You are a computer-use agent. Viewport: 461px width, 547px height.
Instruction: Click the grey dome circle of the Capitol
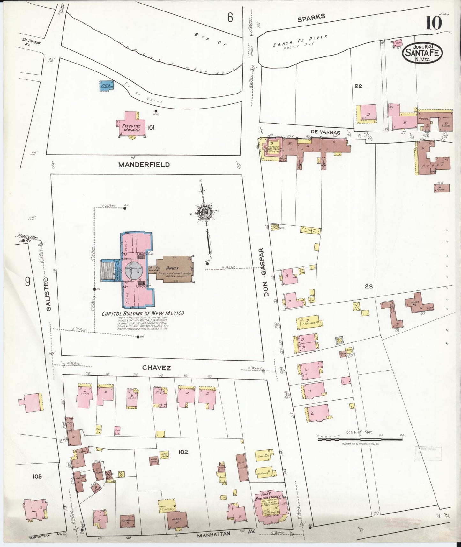(132, 271)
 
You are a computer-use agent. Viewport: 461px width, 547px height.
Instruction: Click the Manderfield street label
(144, 165)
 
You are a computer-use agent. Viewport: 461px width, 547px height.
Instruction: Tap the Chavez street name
(156, 368)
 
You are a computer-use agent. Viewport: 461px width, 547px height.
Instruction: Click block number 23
(369, 286)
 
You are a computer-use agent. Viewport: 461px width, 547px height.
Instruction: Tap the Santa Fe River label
(300, 41)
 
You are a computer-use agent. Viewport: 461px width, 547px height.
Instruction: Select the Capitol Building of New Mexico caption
(143, 313)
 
